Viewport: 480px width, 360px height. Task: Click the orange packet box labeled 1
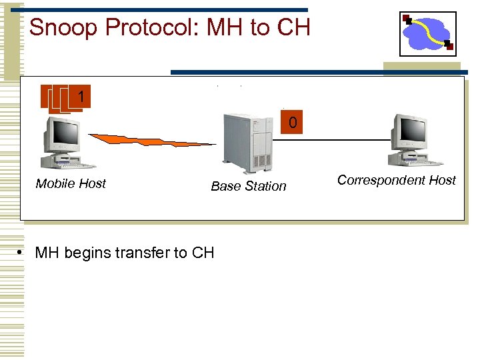79,97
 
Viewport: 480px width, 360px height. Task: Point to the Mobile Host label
71,184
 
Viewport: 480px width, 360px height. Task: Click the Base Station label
248,187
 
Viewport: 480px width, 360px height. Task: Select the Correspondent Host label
396,180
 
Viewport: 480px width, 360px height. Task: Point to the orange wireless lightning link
153,141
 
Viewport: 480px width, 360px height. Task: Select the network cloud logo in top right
427,33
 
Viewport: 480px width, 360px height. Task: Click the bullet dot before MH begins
22,253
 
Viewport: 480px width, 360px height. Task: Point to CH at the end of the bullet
203,253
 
